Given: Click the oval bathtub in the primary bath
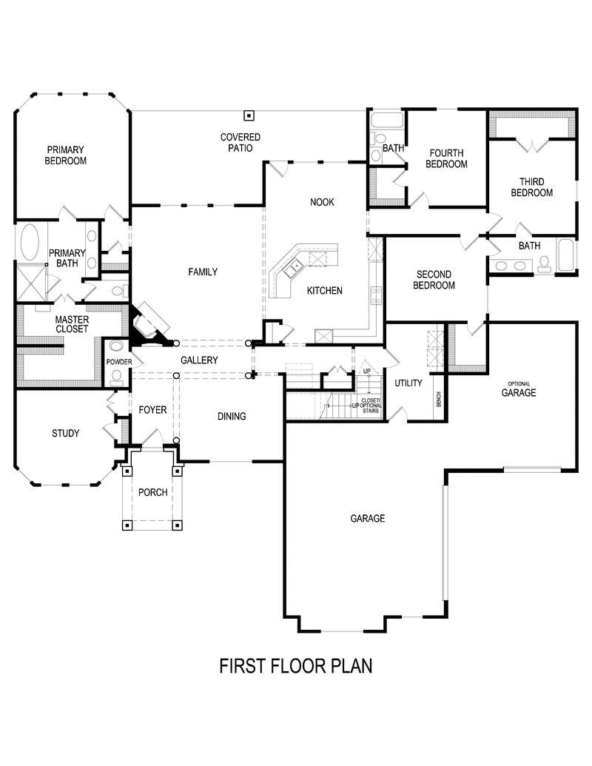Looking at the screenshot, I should (31, 241).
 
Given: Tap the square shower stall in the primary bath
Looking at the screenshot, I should (30, 283).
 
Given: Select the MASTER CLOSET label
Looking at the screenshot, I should (72, 323).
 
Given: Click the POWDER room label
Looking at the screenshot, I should (118, 362).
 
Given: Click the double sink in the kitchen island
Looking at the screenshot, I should (294, 266).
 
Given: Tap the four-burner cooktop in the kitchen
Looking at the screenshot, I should (376, 296).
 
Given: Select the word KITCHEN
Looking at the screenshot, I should (325, 291).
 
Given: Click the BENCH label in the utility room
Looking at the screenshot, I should (439, 400).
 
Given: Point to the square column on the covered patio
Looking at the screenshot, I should (249, 115).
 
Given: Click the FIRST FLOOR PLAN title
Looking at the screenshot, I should (295, 665).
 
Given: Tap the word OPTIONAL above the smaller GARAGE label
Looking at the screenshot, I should (518, 383).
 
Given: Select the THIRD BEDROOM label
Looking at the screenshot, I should (531, 187).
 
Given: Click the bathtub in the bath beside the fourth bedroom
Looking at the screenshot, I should (386, 120).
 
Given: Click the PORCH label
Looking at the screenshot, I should (153, 493).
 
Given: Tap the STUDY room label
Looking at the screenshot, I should (65, 434).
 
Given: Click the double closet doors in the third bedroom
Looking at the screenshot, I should (531, 144).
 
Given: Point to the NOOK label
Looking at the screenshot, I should (322, 202).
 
